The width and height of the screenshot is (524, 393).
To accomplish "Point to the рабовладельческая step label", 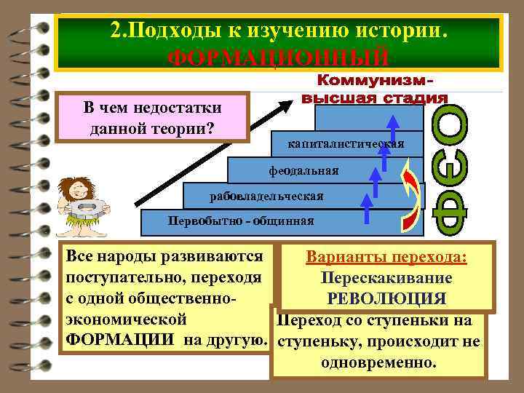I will (x=266, y=196).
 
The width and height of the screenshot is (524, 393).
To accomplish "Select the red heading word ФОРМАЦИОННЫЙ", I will (x=277, y=57).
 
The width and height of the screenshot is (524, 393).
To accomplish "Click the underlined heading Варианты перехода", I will (x=386, y=259).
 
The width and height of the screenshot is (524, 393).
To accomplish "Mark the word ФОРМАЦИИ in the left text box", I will (x=120, y=341).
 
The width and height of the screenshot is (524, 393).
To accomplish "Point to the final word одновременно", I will (x=379, y=362).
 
